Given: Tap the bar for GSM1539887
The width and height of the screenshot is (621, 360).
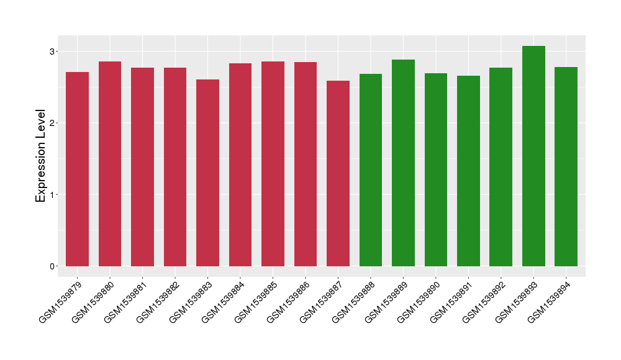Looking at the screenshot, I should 338,173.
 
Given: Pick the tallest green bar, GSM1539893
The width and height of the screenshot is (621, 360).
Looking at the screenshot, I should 533,156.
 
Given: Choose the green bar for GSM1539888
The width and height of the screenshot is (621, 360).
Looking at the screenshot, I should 371,170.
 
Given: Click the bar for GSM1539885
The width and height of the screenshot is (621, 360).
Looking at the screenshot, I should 273,164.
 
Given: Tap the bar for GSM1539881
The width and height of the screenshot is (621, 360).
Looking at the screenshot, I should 142,167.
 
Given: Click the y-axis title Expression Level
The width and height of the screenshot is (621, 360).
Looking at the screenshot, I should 41,156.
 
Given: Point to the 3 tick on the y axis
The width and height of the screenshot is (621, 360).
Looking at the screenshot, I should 53,51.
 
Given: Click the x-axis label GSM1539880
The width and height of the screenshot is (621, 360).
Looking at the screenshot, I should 92,302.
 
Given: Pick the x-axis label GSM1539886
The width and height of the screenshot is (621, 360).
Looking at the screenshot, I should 288,302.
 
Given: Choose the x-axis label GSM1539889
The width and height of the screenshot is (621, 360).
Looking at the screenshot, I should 385,302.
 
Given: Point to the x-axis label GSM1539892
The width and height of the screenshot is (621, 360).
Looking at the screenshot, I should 483,302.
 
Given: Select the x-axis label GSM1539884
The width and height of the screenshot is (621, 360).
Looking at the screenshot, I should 222,302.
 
